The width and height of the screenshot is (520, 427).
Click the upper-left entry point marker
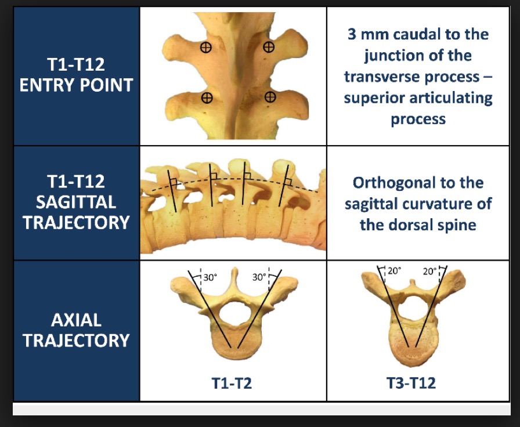[x=206, y=48]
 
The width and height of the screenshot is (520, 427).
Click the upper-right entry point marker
[x=269, y=47]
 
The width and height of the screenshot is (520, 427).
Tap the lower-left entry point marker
[x=207, y=98]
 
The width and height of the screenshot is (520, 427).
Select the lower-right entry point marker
[x=270, y=97]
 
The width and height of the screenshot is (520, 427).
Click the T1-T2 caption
[x=232, y=383]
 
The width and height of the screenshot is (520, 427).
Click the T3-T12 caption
[x=411, y=383]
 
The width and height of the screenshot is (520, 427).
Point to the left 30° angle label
[x=210, y=277]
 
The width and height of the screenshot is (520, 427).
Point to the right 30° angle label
[x=259, y=277]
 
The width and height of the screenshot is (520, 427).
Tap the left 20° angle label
[x=394, y=271]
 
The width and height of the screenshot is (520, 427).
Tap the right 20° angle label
[x=430, y=272]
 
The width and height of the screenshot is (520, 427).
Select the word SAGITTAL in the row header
[x=76, y=202]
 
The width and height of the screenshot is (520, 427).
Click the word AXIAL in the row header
[x=76, y=320]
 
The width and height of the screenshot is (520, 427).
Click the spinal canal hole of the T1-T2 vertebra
[x=236, y=314]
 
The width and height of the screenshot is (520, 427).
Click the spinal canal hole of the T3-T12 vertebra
[x=413, y=308]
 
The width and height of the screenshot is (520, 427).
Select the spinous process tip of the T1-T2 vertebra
[x=234, y=269]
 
